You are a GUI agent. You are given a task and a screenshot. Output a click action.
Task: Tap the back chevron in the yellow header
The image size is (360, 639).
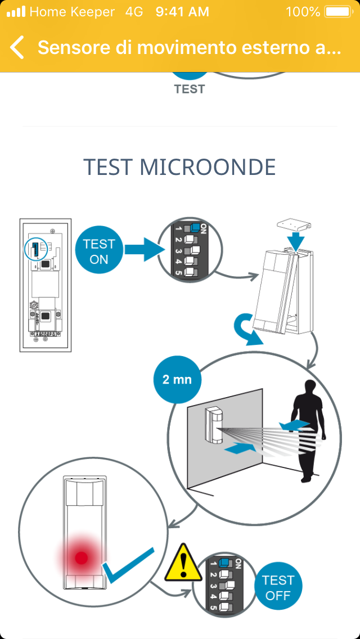pyautogui.click(x=17, y=48)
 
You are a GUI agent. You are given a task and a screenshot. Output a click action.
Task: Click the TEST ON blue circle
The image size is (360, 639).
pyautogui.click(x=99, y=251)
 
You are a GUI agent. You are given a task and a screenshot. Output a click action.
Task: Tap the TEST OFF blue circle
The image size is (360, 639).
pyautogui.click(x=278, y=587)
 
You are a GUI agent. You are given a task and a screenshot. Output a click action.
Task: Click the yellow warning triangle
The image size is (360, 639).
pyautogui.click(x=183, y=563)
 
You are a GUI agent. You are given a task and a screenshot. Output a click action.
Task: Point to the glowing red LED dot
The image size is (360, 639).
pyautogui.click(x=82, y=558)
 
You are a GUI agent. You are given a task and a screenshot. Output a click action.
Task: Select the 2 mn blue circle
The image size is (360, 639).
pyautogui.click(x=177, y=379)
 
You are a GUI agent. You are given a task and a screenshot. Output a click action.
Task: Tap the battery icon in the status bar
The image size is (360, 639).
pyautogui.click(x=337, y=11)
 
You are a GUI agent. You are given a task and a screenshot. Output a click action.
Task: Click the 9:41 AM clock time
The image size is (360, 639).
pyautogui.click(x=182, y=11)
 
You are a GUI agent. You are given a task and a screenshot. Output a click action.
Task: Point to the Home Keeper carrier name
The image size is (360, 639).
pyautogui.click(x=71, y=11)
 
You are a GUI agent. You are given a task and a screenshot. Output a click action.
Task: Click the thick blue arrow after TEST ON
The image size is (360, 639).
pyautogui.click(x=143, y=249)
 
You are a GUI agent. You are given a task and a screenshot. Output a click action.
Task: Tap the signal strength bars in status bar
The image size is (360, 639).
pyautogui.click(x=16, y=11)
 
